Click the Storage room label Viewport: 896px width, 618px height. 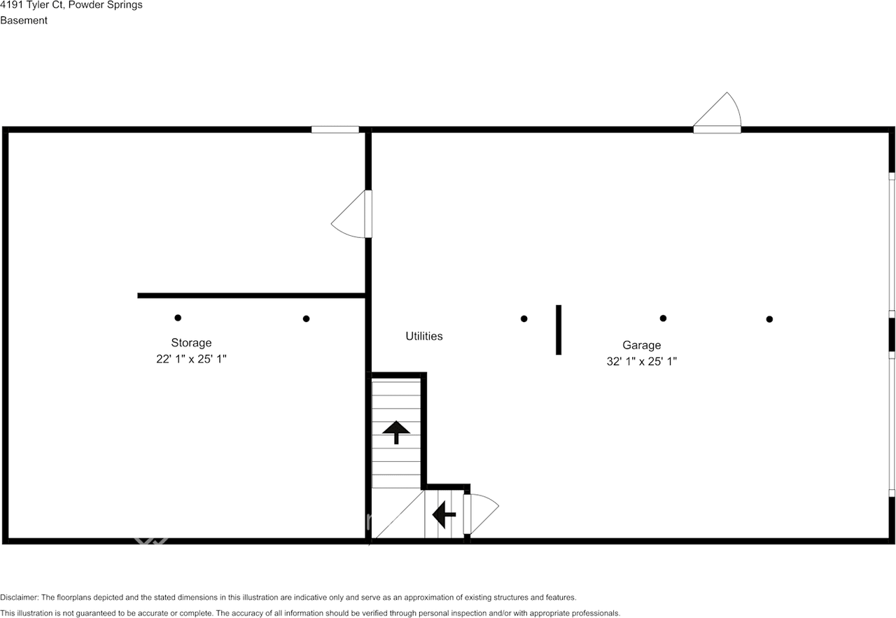click(x=191, y=343)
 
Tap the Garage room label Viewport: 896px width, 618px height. click(x=641, y=345)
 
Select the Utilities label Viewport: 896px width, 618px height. click(x=424, y=336)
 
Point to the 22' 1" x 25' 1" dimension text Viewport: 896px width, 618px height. click(x=191, y=359)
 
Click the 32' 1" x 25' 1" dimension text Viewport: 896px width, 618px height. click(x=641, y=362)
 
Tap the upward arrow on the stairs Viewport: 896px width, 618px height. click(x=397, y=432)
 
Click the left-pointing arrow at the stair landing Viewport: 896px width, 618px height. click(x=444, y=514)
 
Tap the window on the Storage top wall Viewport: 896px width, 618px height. click(x=335, y=129)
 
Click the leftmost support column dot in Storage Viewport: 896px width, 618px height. click(x=178, y=318)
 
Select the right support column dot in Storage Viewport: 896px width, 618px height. click(x=306, y=319)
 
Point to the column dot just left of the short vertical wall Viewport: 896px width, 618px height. click(x=524, y=319)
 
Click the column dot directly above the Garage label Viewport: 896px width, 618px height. click(x=663, y=318)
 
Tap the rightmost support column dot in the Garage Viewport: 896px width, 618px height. click(x=769, y=319)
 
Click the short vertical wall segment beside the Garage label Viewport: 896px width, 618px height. click(x=558, y=330)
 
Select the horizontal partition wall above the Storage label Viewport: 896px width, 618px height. click(x=252, y=295)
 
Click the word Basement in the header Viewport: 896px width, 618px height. click(x=24, y=20)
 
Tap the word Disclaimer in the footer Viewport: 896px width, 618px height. click(x=19, y=598)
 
